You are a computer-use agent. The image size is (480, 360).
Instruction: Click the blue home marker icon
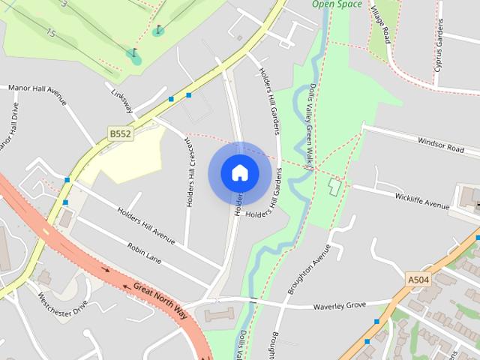pos(239,173)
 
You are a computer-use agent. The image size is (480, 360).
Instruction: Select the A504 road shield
pos(418,279)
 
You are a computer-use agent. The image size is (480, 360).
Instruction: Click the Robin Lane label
pos(144,251)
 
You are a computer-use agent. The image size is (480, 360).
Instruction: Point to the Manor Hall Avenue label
pos(37,88)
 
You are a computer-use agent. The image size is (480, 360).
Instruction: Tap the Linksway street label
pos(121,101)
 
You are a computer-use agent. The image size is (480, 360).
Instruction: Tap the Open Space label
pos(337,4)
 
